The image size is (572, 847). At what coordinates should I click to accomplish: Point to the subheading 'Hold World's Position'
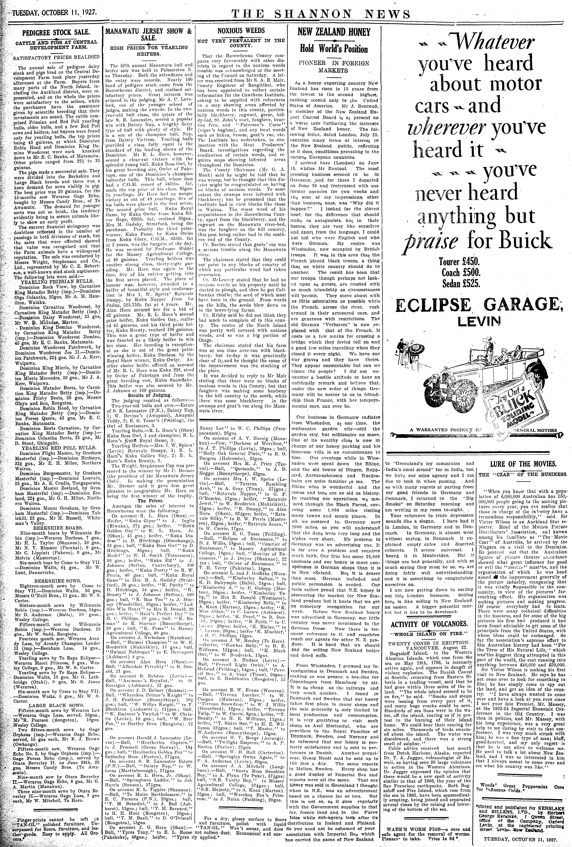[x=334, y=49]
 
